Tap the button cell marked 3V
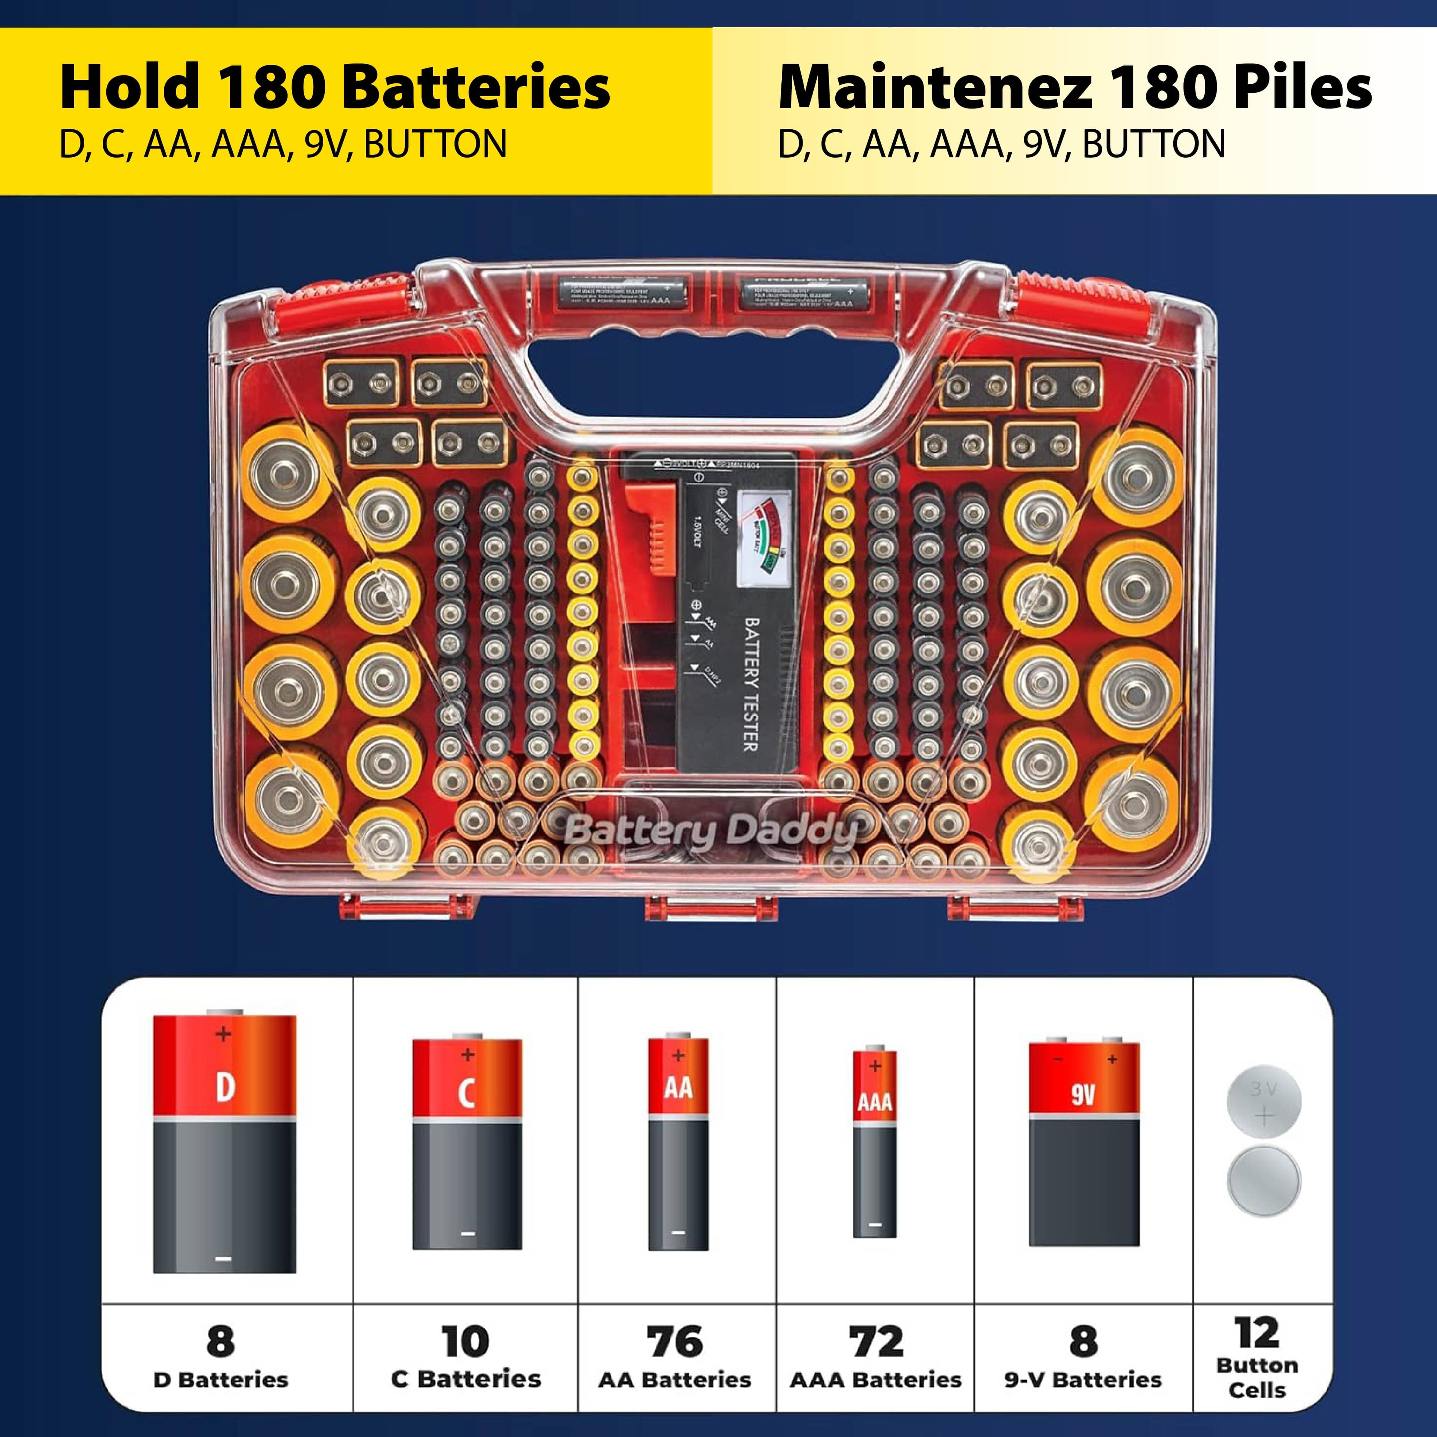1264,1104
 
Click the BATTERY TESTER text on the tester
751,684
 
